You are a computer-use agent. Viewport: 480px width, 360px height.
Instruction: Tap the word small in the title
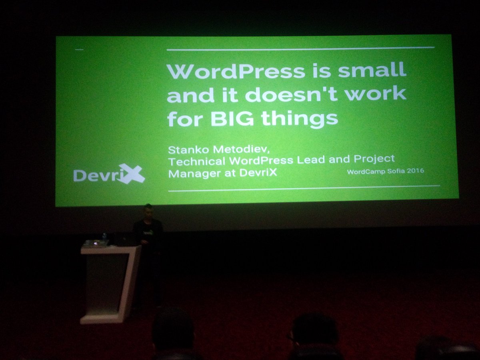pyautogui.click(x=372, y=71)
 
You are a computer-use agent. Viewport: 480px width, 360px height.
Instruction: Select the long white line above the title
pyautogui.click(x=300, y=49)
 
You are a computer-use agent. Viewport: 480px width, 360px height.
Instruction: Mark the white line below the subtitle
pyautogui.click(x=304, y=188)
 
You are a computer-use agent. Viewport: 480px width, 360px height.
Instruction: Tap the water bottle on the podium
pyautogui.click(x=104, y=237)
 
